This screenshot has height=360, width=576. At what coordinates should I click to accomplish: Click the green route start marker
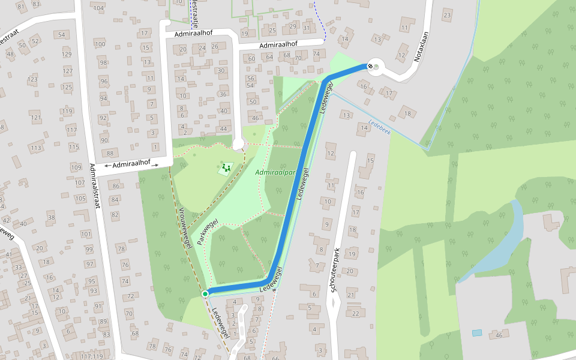[205, 293]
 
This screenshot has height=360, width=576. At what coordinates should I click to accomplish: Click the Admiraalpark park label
[277, 172]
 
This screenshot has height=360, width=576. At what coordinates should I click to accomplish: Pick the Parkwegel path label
[207, 235]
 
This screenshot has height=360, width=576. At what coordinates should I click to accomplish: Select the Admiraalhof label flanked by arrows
[131, 164]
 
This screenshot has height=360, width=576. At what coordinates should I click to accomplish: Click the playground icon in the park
[226, 168]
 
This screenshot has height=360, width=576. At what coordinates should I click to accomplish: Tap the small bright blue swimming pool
[476, 332]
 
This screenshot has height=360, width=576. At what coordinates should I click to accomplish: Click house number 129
[67, 55]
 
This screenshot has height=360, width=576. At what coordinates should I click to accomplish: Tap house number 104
[99, 8]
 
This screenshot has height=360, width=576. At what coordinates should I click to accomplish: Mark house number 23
[446, 15]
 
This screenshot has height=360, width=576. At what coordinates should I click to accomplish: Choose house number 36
[224, 94]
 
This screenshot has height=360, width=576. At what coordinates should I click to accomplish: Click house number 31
[307, 28]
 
